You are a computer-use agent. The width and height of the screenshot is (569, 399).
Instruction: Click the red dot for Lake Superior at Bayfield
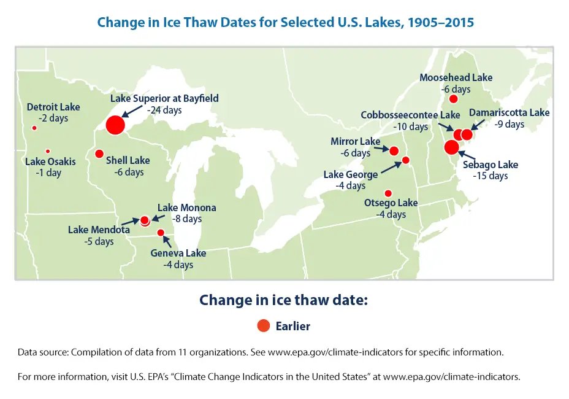pos(115,125)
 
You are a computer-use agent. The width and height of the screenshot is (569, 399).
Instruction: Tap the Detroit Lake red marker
pos(34,128)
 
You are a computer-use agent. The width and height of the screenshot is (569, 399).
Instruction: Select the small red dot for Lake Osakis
pos(48,151)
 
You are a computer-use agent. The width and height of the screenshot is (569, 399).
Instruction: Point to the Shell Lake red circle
pos(99,153)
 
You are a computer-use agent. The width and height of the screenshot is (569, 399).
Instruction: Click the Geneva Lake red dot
pos(161,233)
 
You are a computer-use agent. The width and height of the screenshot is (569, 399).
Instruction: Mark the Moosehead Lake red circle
pos(453,99)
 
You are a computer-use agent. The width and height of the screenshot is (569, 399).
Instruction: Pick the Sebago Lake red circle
pos(451,147)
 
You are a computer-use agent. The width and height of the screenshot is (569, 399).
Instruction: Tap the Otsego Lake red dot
pos(388,193)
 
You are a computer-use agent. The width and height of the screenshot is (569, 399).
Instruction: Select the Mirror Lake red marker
pos(394,151)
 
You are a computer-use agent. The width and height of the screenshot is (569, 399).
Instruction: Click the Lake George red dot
pos(406,160)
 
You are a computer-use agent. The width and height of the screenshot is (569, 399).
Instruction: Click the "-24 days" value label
pos(164,110)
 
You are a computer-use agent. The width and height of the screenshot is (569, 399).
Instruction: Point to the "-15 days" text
pos(491,176)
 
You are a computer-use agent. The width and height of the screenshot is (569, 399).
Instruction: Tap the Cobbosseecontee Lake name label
pos(410,115)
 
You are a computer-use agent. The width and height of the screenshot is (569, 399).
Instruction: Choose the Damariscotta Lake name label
pos(509,113)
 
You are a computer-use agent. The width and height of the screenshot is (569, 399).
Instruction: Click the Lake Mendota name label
pos(99,230)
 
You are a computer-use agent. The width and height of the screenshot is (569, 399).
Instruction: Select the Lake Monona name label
pos(187,208)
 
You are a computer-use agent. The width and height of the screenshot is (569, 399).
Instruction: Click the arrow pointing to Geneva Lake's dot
pos(167,241)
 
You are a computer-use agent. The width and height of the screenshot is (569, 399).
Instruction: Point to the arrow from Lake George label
pos(391,168)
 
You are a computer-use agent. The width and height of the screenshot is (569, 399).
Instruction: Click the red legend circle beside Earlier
pos(264,325)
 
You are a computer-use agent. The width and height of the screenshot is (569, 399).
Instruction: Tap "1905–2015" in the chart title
pos(440,22)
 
